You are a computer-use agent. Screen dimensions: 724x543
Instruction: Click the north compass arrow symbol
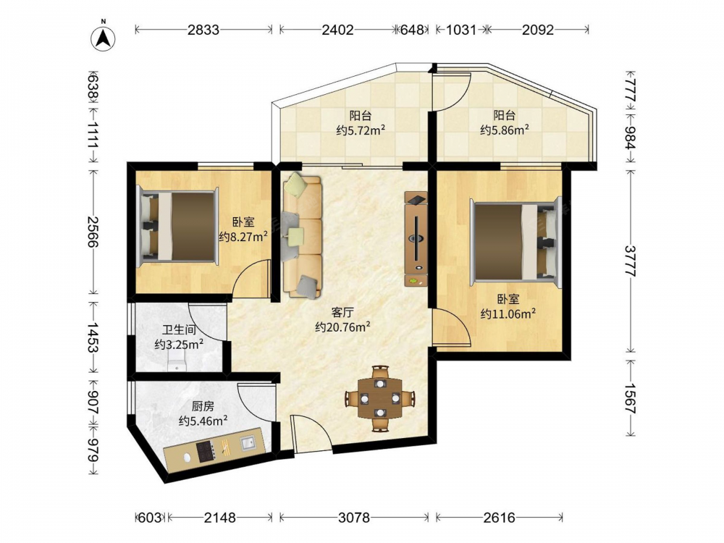pyautogui.click(x=103, y=37)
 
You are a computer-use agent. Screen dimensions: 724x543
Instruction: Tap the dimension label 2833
pyautogui.click(x=203, y=30)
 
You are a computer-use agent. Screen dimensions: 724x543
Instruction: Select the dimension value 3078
pyautogui.click(x=354, y=518)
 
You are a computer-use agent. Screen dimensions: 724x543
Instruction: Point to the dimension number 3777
pyautogui.click(x=631, y=261)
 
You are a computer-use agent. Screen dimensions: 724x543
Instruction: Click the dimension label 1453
pyautogui.click(x=93, y=337)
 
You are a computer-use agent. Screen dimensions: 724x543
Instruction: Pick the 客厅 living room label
pyautogui.click(x=342, y=313)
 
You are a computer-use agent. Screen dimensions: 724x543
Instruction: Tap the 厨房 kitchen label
pyautogui.click(x=203, y=406)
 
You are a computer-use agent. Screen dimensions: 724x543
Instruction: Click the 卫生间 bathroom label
pyautogui.click(x=179, y=330)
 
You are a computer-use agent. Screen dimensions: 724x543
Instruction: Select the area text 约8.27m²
pyautogui.click(x=243, y=237)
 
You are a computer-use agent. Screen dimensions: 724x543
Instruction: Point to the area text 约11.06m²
pyautogui.click(x=508, y=313)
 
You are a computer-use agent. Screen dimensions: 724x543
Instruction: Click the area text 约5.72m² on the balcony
pyautogui.click(x=361, y=130)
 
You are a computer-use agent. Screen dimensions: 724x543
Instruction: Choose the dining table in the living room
pyautogui.click(x=380, y=398)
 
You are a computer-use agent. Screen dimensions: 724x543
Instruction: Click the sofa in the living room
pyautogui.click(x=303, y=236)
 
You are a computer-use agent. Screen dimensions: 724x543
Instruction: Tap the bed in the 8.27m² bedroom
pyautogui.click(x=178, y=226)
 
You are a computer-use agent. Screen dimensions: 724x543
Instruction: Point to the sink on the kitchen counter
pyautogui.click(x=248, y=443)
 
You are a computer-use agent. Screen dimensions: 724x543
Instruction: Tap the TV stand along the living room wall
pyautogui.click(x=416, y=239)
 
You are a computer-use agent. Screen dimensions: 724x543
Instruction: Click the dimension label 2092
pyautogui.click(x=538, y=30)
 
